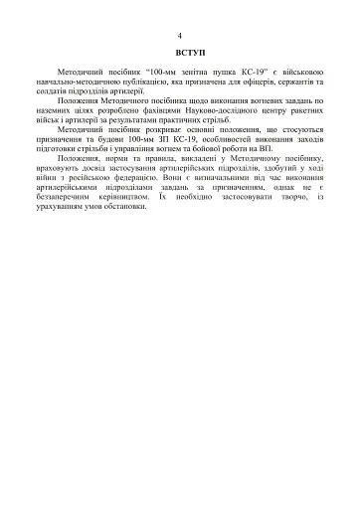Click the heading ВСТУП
[180, 50]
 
